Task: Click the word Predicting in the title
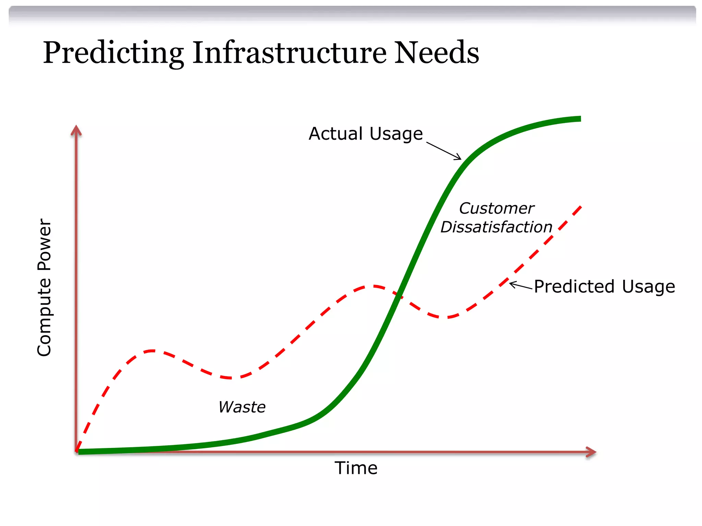coord(113,53)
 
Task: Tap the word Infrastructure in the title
coord(289,53)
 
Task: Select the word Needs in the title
coord(436,53)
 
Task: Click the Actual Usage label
coord(365,134)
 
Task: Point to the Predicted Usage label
coord(604,286)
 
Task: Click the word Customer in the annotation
coord(496,208)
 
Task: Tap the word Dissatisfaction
coord(496,227)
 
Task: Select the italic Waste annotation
coord(242,407)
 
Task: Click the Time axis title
coord(356,468)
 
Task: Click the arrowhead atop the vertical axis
coord(76,130)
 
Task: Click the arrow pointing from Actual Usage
coord(444,151)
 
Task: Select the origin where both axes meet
coord(76,452)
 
